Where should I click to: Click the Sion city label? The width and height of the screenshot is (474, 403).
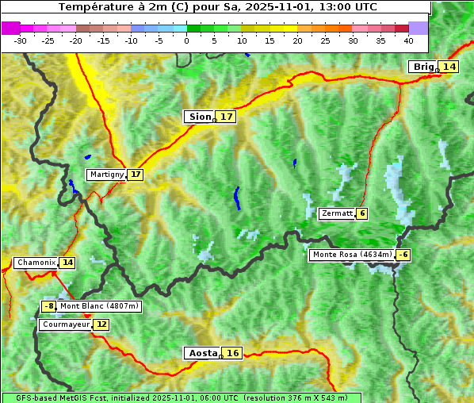click(199, 117)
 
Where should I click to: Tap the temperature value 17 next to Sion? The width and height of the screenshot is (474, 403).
click(227, 117)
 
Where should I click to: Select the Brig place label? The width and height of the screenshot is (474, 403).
click(422, 67)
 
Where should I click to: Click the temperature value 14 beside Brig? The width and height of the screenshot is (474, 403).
click(449, 67)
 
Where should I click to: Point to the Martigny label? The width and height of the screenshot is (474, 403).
click(106, 175)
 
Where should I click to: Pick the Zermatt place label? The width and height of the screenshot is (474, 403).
click(337, 213)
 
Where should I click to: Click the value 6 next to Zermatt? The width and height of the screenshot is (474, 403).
click(362, 213)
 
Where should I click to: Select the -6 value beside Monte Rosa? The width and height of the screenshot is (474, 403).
click(403, 255)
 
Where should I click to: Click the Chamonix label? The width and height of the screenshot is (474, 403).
click(35, 263)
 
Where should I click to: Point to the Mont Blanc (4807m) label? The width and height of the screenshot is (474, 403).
click(99, 306)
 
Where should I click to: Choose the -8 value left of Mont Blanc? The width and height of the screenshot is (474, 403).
click(49, 306)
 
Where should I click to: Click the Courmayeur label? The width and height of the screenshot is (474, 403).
click(65, 324)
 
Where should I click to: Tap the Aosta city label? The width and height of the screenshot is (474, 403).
click(201, 353)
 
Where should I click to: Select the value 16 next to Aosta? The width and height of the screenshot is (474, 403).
click(232, 353)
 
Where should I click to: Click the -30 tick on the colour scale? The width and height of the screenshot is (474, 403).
click(21, 40)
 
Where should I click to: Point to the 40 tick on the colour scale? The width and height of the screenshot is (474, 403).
click(408, 40)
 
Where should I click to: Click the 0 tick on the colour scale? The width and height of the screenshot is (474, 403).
click(187, 40)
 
